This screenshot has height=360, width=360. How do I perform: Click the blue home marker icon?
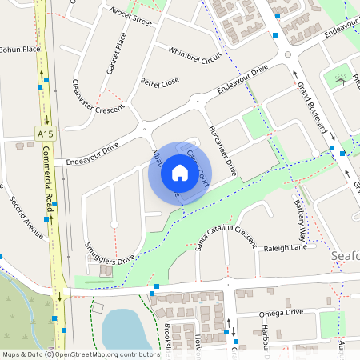(180, 172)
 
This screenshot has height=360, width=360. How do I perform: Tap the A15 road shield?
(45, 134)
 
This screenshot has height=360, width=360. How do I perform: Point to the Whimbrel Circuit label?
(194, 55)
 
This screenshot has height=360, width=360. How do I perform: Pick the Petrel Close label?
(160, 82)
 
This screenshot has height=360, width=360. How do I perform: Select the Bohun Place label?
(20, 50)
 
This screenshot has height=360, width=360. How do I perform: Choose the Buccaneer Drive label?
(222, 150)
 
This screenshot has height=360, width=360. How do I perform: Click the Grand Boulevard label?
(313, 106)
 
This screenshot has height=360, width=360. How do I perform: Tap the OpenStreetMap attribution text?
(80, 354)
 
